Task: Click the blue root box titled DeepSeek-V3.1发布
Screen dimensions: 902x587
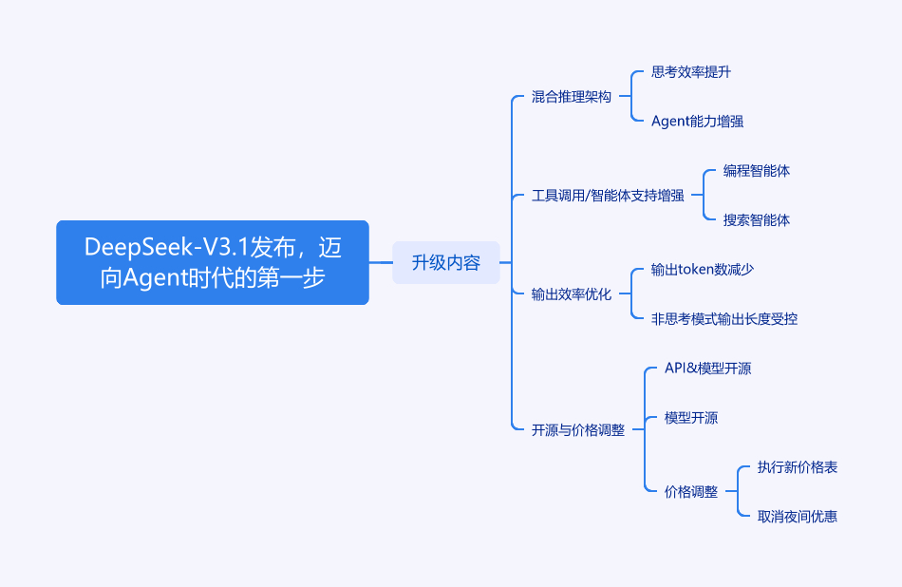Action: (x=213, y=262)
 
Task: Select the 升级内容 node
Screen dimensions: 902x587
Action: (x=446, y=262)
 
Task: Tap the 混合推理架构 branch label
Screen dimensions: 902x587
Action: (x=571, y=97)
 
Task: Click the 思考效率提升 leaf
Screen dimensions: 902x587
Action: (x=691, y=72)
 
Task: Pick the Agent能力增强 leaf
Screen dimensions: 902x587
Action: (x=697, y=122)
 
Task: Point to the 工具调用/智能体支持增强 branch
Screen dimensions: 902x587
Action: (x=608, y=196)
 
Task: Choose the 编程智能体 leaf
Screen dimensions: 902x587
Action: (x=757, y=171)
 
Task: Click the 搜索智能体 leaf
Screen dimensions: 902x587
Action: (x=757, y=220)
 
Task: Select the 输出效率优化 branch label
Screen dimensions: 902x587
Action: (x=571, y=294)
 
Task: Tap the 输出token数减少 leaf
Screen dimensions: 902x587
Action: (x=703, y=270)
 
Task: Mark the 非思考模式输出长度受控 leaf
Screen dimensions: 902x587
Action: (x=724, y=319)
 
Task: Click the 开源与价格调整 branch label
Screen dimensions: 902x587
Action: (x=577, y=430)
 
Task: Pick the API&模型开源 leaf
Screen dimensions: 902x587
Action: (x=707, y=369)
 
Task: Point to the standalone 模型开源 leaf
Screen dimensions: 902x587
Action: (x=691, y=418)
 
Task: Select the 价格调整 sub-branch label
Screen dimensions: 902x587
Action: (x=691, y=492)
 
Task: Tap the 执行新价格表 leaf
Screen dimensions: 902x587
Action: (x=798, y=467)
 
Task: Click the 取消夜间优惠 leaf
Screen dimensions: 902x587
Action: (x=798, y=517)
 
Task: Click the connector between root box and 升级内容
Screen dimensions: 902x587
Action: (x=380, y=262)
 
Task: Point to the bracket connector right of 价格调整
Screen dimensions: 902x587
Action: (x=738, y=491)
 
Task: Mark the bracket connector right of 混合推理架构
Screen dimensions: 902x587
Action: (x=631, y=96)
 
